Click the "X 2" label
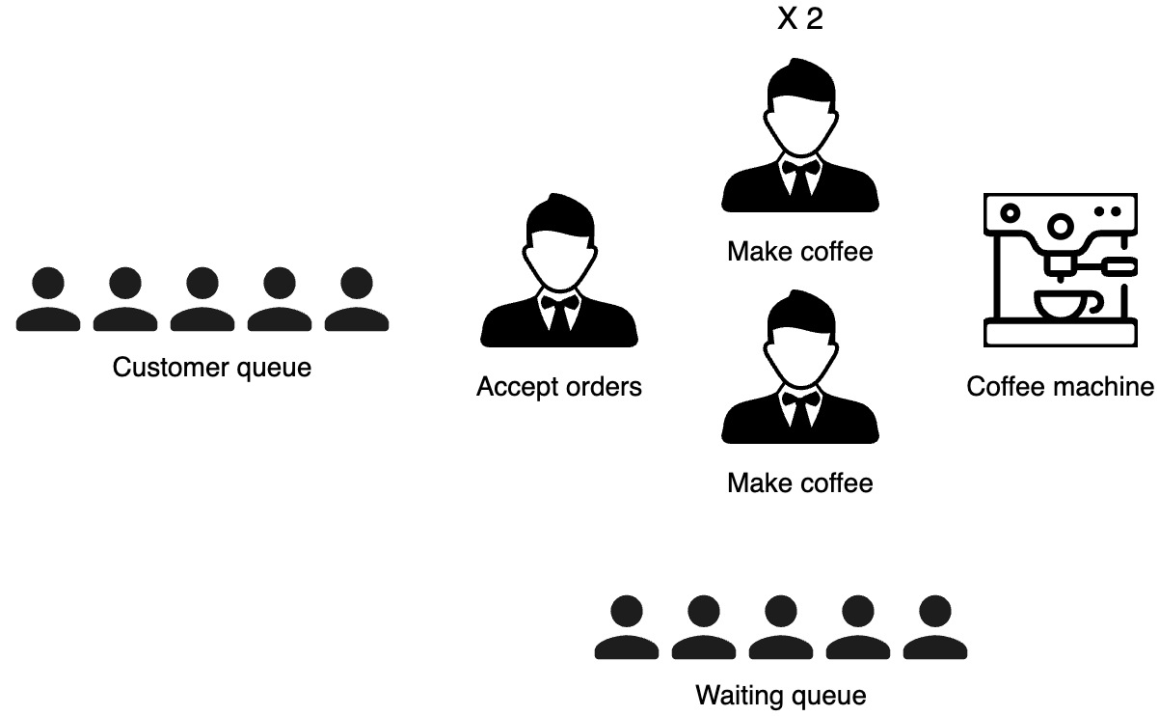[800, 19]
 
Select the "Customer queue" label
[212, 368]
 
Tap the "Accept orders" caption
[559, 387]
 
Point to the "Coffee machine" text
[1060, 387]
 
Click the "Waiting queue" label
[781, 695]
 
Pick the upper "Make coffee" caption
[800, 252]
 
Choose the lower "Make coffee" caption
[800, 482]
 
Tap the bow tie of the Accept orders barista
[559, 301]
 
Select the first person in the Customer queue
[48, 300]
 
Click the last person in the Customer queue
[357, 300]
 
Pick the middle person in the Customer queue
[202, 300]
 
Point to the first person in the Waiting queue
[627, 628]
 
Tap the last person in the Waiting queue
[935, 628]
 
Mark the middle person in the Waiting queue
[781, 628]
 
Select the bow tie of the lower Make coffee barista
[800, 398]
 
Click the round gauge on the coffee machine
[1061, 226]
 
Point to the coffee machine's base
[1060, 335]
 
